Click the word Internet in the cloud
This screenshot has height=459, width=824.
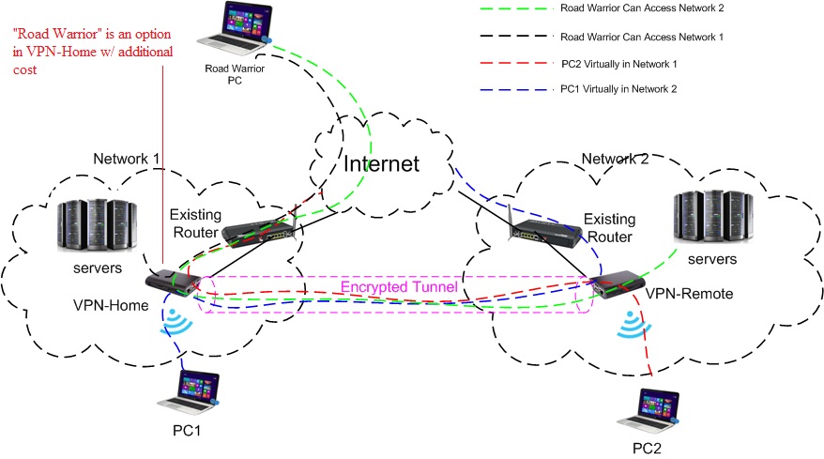click(x=381, y=165)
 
